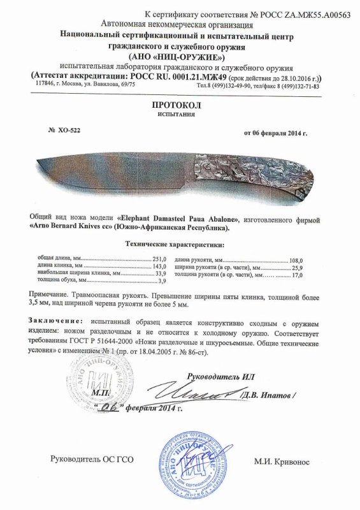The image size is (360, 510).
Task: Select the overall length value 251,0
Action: pyautogui.click(x=159, y=259)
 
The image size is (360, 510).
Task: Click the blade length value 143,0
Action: pyautogui.click(x=159, y=266)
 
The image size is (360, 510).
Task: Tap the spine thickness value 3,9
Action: pyautogui.click(x=161, y=281)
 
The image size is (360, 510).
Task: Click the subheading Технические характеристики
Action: pyautogui.click(x=179, y=244)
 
